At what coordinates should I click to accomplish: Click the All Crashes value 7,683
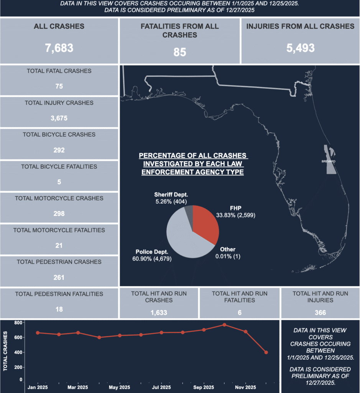click(x=59, y=48)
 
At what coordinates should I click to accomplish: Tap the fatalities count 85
click(x=179, y=52)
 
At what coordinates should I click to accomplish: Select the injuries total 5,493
click(x=300, y=48)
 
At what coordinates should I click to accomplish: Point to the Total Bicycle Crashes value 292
click(x=59, y=150)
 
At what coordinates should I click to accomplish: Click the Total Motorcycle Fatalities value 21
click(x=59, y=245)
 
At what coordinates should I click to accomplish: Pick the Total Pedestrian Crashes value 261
click(x=59, y=277)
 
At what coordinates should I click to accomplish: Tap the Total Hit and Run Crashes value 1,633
click(x=159, y=312)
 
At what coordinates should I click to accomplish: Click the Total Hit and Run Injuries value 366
click(x=320, y=312)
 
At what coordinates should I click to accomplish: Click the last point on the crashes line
click(x=266, y=352)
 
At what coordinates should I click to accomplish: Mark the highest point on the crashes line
click(x=224, y=325)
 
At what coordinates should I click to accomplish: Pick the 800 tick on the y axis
click(x=17, y=323)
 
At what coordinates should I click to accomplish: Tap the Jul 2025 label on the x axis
click(x=162, y=387)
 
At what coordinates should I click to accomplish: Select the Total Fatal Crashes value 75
click(x=59, y=86)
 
